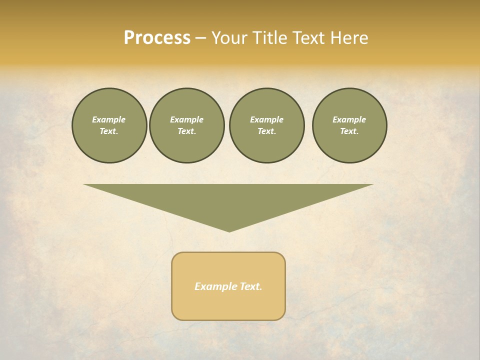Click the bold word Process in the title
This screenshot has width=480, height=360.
click(x=157, y=38)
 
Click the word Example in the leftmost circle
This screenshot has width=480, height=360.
click(x=108, y=119)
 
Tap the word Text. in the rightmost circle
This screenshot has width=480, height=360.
click(x=349, y=131)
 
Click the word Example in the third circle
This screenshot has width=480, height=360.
click(x=266, y=119)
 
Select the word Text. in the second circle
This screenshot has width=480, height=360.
click(x=186, y=131)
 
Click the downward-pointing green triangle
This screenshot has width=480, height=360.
click(x=228, y=200)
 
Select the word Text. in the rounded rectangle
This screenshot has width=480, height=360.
click(x=251, y=286)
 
